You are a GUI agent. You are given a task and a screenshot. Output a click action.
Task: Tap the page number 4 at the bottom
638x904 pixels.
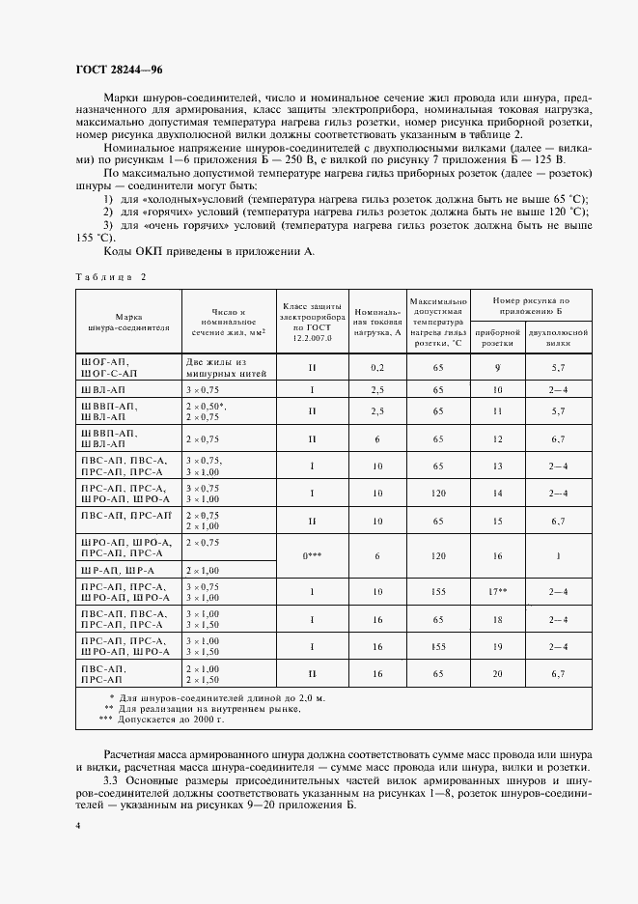(76, 826)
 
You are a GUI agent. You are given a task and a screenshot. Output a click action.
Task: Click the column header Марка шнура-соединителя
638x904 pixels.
(128, 321)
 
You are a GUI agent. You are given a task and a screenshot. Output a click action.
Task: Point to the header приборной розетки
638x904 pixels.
(498, 337)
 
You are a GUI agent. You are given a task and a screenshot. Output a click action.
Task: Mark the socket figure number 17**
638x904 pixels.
(498, 591)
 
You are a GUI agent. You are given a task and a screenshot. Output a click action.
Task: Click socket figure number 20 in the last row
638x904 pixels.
(498, 673)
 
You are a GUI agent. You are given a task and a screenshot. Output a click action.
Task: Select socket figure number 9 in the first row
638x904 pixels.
(498, 367)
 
